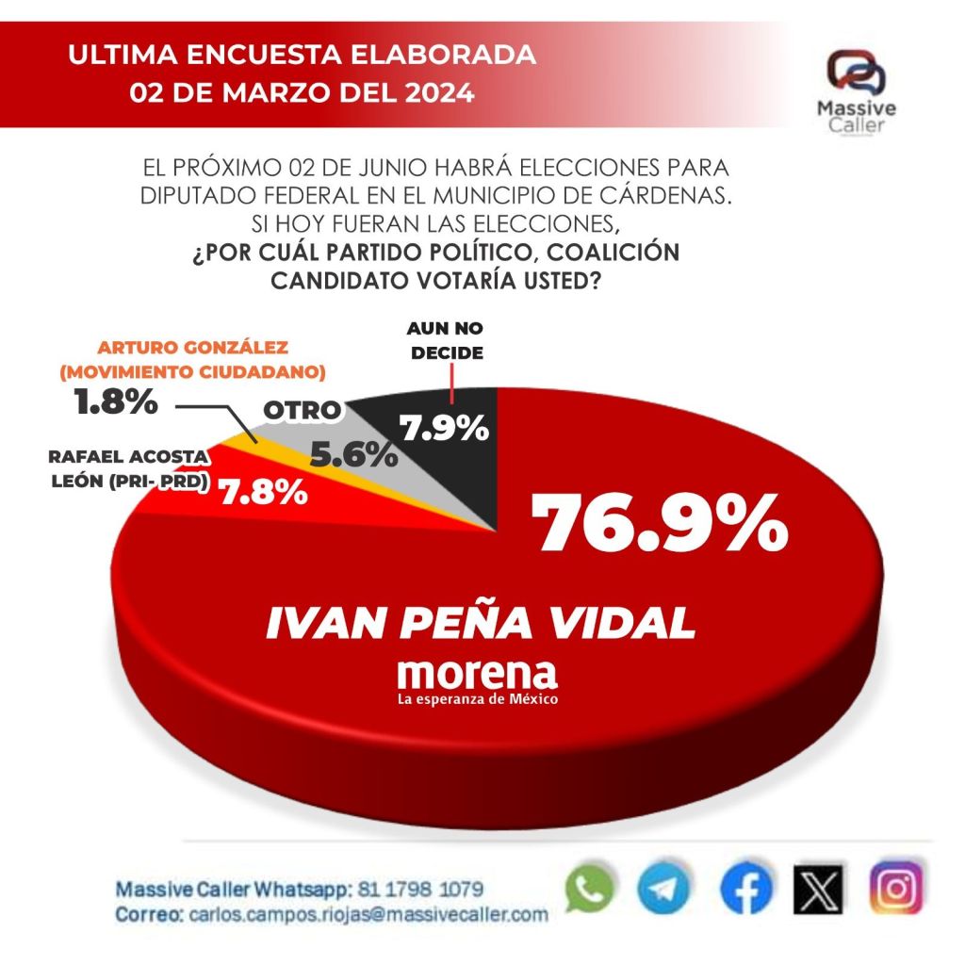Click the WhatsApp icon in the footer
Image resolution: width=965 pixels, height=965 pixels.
pyautogui.click(x=589, y=890)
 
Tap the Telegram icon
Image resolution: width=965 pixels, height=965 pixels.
pyautogui.click(x=662, y=890)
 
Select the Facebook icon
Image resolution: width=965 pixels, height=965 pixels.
pyautogui.click(x=744, y=890)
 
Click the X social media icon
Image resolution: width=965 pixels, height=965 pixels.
pyautogui.click(x=817, y=890)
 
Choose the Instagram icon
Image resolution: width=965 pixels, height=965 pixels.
pyautogui.click(x=895, y=889)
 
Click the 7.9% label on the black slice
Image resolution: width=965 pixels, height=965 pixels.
pyautogui.click(x=445, y=429)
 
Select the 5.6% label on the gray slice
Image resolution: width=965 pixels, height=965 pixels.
pyautogui.click(x=353, y=456)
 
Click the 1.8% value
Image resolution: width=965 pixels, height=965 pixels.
pyautogui.click(x=115, y=402)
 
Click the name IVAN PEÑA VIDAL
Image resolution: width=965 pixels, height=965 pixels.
pyautogui.click(x=481, y=623)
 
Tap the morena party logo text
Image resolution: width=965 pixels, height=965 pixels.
pyautogui.click(x=477, y=676)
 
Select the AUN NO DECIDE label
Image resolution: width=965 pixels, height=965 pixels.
pyautogui.click(x=447, y=341)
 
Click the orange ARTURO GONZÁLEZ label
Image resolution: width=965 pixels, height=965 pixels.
pyautogui.click(x=192, y=359)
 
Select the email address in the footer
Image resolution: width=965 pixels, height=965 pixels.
pyautogui.click(x=368, y=914)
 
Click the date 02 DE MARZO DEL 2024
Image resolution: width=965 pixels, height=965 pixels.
pyautogui.click(x=303, y=94)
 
